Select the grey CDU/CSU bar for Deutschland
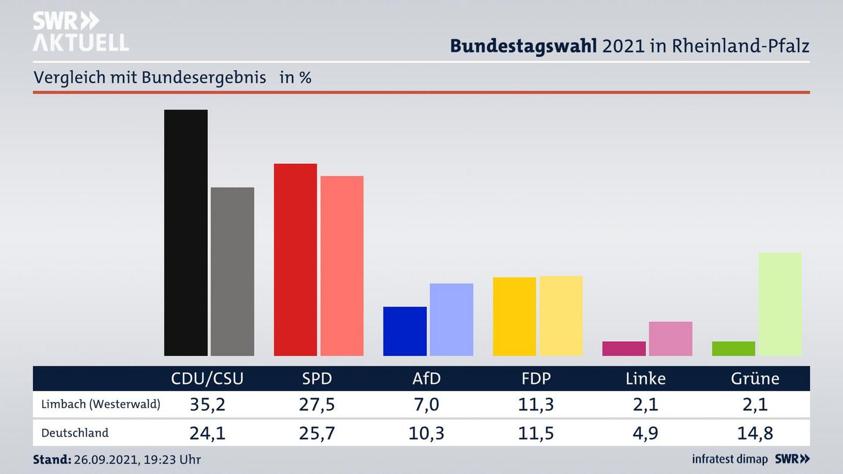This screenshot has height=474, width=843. (232, 272)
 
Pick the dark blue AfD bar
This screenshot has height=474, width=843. (405, 331)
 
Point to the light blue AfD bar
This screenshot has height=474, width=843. (451, 320)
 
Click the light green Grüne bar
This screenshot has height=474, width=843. (780, 304)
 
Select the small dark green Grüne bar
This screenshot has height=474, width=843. (734, 349)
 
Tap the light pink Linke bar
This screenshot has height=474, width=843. (670, 339)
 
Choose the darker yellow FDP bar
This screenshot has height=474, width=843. (514, 317)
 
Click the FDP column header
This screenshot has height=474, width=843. (536, 379)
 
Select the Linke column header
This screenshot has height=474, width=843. (646, 379)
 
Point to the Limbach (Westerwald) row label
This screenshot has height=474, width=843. (101, 404)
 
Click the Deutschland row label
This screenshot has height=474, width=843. (75, 433)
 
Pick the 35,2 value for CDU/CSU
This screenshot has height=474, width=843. (207, 404)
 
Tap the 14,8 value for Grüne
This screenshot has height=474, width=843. (755, 433)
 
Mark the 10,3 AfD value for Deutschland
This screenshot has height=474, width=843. (427, 433)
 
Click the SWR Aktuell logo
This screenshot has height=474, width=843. (80, 32)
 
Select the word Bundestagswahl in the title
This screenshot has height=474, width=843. (523, 46)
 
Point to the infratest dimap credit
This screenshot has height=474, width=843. (729, 459)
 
